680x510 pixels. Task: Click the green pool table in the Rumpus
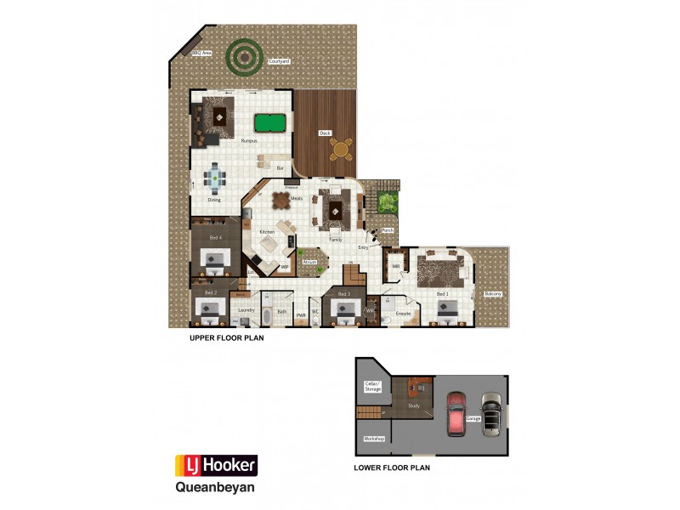coord(269,123)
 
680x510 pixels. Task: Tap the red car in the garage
coord(456,412)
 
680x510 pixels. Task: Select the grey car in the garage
coord(490,413)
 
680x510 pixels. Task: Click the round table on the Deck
coord(341,150)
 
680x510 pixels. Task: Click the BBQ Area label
coord(201,54)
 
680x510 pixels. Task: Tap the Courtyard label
coord(280,62)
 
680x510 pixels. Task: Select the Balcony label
coord(493,294)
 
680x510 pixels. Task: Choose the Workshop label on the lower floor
coord(374,439)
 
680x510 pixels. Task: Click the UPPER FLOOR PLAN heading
coord(226,337)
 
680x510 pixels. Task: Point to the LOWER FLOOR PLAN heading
coord(391,467)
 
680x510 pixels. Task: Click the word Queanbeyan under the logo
coord(214,488)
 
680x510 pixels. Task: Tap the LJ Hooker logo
coord(216,465)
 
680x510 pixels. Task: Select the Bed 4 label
coord(215,237)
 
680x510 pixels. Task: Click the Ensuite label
coord(404,314)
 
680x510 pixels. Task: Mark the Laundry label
coord(246,310)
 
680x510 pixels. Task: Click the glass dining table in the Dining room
coord(214,178)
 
